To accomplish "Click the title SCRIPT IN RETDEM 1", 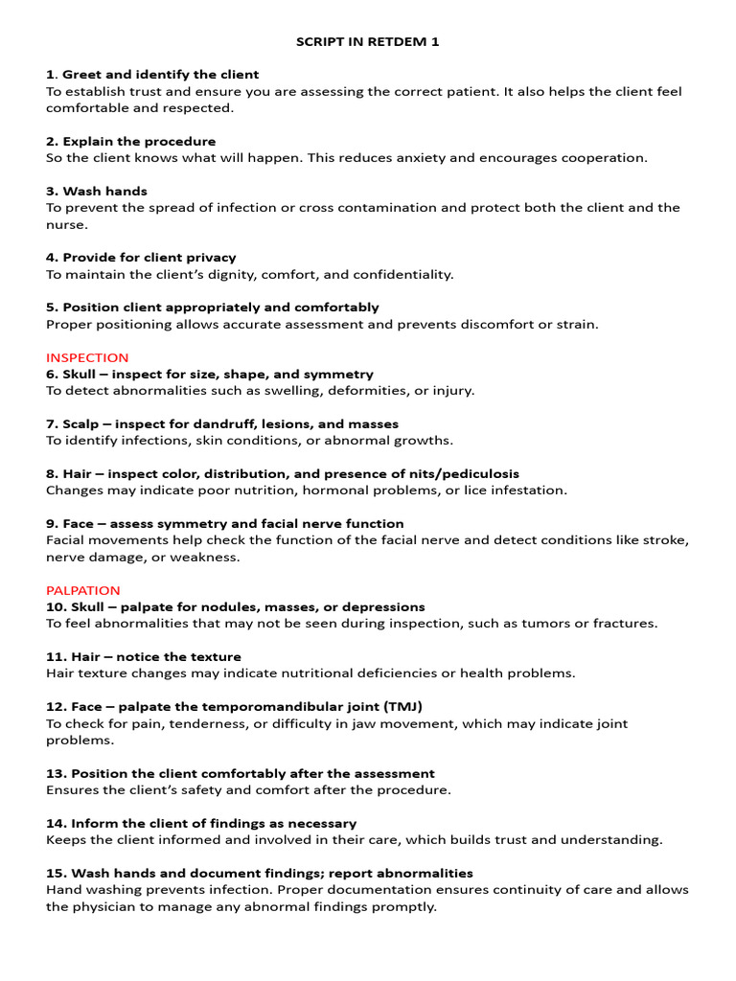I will pyautogui.click(x=367, y=41).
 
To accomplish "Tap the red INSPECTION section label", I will pyautogui.click(x=87, y=357).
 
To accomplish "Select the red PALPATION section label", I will pyautogui.click(x=83, y=590).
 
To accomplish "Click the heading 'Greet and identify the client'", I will pyautogui.click(x=160, y=75).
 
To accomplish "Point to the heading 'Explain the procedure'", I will pyautogui.click(x=139, y=141).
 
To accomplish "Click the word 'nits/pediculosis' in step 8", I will pyautogui.click(x=465, y=474).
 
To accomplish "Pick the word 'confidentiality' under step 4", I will pyautogui.click(x=402, y=275).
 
